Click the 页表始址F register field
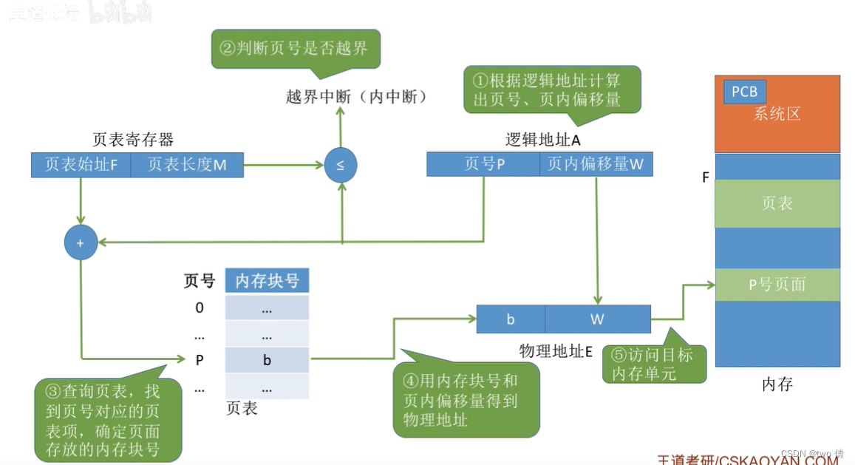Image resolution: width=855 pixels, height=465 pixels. (x=81, y=165)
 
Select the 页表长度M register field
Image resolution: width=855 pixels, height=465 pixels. (x=187, y=165)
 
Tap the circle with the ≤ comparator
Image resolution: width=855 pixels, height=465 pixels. (x=340, y=165)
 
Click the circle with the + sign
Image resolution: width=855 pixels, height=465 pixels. (x=81, y=242)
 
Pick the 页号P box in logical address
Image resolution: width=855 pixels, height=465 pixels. (x=483, y=164)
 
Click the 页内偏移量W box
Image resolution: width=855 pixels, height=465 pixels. (x=596, y=164)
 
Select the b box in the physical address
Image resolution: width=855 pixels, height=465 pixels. (x=511, y=319)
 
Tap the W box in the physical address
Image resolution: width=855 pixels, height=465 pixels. (x=597, y=319)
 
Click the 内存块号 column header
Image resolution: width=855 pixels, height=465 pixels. (x=267, y=281)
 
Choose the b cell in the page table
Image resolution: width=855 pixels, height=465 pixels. (x=267, y=360)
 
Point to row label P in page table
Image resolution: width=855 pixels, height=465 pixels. (x=200, y=360)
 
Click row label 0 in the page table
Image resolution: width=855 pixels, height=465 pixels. (x=200, y=308)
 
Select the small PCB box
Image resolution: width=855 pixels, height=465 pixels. (x=744, y=92)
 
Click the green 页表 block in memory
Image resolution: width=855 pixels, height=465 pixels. (x=777, y=203)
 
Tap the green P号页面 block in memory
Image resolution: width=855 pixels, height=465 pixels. (x=777, y=285)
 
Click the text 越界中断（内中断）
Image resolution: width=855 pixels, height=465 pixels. (x=356, y=97)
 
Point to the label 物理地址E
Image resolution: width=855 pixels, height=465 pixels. (x=556, y=351)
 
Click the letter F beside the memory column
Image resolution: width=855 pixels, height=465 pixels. (x=706, y=178)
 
